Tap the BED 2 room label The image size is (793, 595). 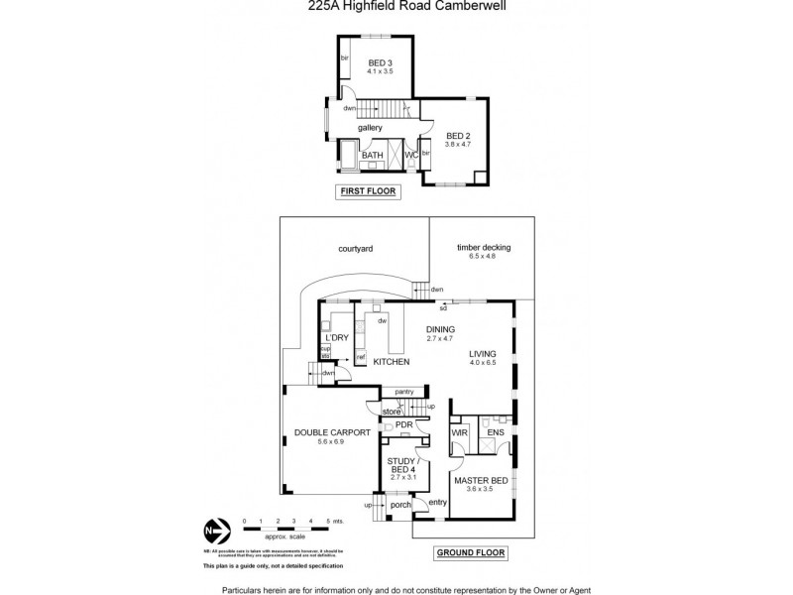click(x=457, y=136)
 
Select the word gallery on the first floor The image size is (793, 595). click(x=371, y=128)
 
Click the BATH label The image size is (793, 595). click(x=372, y=156)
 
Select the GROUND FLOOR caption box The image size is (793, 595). click(x=471, y=552)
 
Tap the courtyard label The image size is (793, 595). click(x=353, y=248)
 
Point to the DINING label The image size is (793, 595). click(x=439, y=329)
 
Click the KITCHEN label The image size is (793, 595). click(x=391, y=362)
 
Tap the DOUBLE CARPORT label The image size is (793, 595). click(x=331, y=433)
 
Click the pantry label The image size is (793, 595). click(x=402, y=392)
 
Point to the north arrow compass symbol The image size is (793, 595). click(x=211, y=529)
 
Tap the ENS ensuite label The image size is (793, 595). click(x=496, y=433)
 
